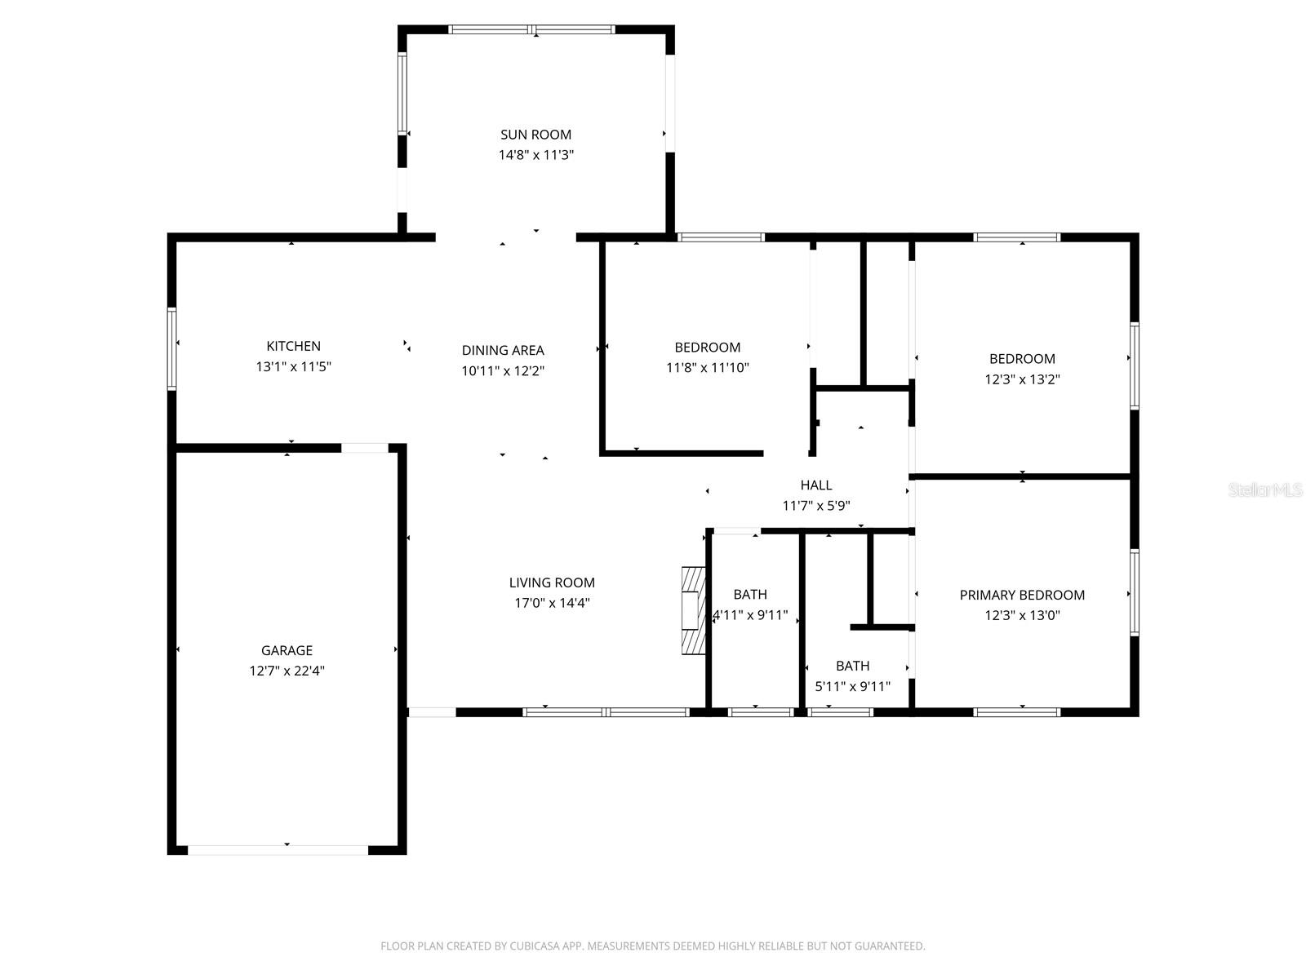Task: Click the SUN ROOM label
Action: tap(535, 135)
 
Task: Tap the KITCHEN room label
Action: tap(293, 346)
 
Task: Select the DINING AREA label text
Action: tap(503, 350)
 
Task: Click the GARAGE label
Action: tap(287, 650)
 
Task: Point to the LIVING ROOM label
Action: tap(552, 583)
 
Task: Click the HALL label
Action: tap(815, 485)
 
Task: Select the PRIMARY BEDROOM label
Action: tap(1022, 595)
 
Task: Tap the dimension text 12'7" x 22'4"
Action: tap(287, 671)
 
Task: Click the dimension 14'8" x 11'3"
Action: tap(535, 155)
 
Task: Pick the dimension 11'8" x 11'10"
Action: tap(707, 367)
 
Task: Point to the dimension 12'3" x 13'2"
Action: tap(1022, 379)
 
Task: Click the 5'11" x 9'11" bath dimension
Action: tap(852, 687)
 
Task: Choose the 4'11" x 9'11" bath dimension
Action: tap(751, 614)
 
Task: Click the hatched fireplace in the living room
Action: tap(693, 610)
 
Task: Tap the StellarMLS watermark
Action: tap(1265, 489)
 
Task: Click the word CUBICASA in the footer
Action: tap(535, 946)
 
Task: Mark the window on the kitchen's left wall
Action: tap(172, 349)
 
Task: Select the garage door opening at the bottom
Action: tap(278, 850)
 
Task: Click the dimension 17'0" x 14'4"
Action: tap(552, 603)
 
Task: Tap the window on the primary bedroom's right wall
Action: tap(1134, 592)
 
